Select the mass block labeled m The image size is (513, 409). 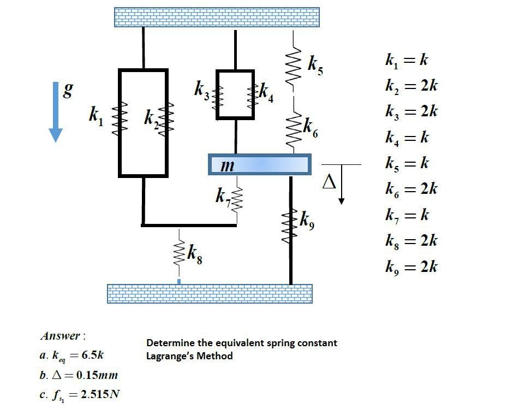pyautogui.click(x=260, y=164)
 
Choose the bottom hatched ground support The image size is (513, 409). pyautogui.click(x=210, y=293)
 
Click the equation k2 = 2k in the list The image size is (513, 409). pyautogui.click(x=411, y=86)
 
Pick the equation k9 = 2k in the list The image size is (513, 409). pyautogui.click(x=411, y=267)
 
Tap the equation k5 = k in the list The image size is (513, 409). pyautogui.click(x=407, y=163)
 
